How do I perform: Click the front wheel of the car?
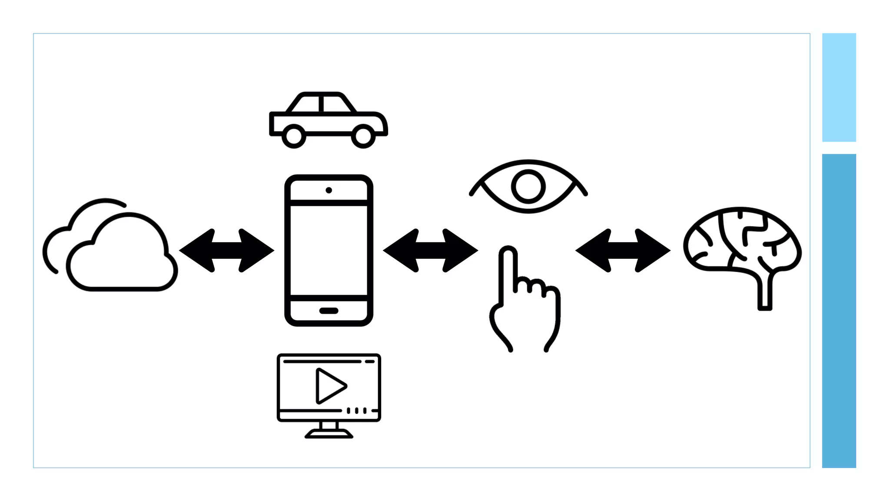pos(363,136)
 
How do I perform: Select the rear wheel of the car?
pos(294,136)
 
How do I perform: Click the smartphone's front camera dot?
pos(329,190)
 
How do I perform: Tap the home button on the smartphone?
pos(329,311)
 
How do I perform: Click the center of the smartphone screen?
pos(329,250)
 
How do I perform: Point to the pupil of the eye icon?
pos(528,187)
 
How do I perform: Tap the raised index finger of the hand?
pos(508,270)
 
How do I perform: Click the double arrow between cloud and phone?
pos(226,250)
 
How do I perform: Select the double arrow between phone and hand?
pos(430,250)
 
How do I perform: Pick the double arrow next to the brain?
pos(623,250)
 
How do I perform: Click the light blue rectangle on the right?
pos(839,87)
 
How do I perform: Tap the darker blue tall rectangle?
pos(839,311)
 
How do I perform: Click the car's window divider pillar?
pos(321,104)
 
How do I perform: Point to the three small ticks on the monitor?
pos(356,411)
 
